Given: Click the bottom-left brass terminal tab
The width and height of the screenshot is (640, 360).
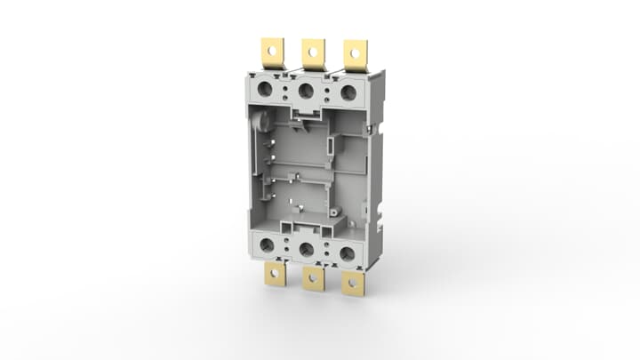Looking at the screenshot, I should coord(275,275).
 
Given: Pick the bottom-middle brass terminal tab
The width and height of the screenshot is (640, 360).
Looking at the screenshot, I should coord(313,278).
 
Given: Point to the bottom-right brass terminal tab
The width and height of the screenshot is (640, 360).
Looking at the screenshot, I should coord(353,283).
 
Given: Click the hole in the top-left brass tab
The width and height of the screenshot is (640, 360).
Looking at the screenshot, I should coord(271,50).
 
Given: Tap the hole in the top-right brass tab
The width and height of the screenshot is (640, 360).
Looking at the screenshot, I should coord(356,52).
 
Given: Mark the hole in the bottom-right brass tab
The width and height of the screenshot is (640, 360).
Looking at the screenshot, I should coord(353,285).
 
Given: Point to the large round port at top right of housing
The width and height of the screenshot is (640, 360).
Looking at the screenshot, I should coord(348,92).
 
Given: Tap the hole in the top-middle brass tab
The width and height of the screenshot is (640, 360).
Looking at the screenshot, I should coord(313,51).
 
